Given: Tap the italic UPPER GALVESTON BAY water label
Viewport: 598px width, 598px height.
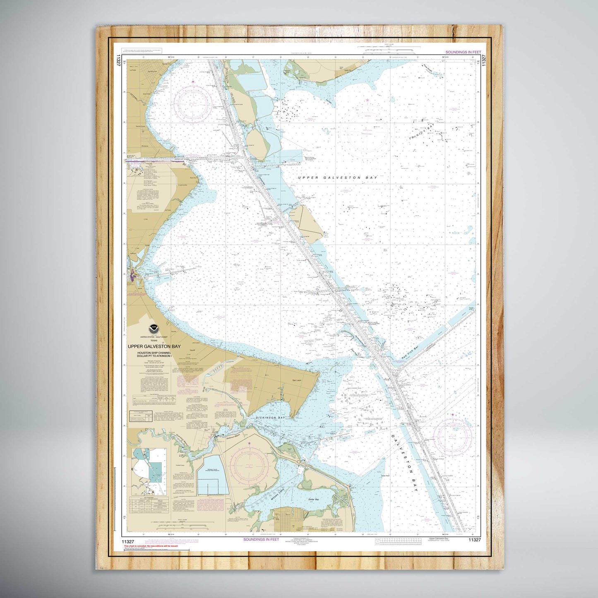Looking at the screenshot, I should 338,178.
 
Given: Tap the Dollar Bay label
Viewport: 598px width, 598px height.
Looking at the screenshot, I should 314,500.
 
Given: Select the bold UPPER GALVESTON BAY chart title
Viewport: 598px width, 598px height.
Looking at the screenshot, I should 154,346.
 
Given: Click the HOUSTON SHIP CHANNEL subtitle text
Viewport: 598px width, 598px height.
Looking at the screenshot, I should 154,353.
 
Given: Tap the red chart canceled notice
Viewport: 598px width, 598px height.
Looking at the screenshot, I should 151,546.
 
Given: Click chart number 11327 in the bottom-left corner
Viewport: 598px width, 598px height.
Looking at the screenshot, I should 130,540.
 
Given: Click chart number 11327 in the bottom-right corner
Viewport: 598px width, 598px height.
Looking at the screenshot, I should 475,540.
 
